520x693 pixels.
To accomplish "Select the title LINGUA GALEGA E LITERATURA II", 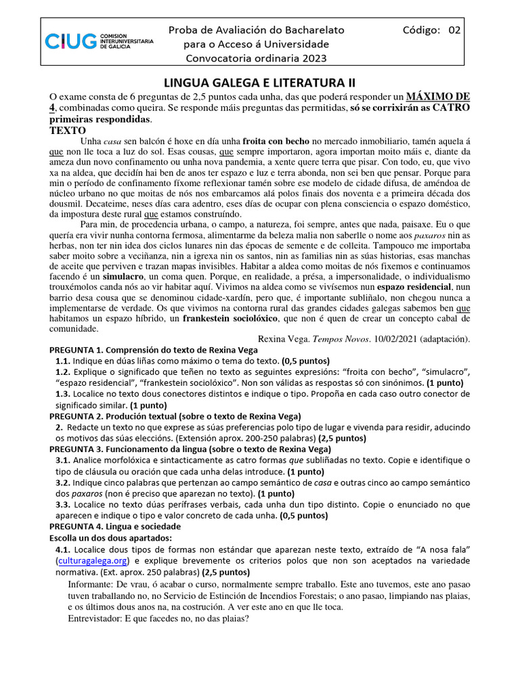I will pyautogui.click(x=260, y=83).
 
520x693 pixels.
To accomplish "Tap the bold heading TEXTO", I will pyautogui.click(x=68, y=130).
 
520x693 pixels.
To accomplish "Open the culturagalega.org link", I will pyautogui.click(x=92, y=561).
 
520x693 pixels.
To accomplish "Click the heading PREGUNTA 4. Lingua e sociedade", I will pyautogui.click(x=115, y=526).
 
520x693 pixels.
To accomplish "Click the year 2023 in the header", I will pyautogui.click(x=312, y=58).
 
